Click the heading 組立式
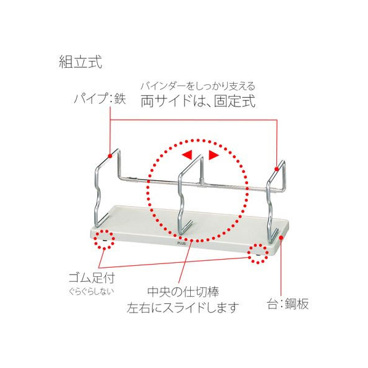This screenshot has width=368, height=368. [81, 62]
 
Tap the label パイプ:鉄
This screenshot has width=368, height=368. [100, 98]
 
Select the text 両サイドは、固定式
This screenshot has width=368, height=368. [198, 101]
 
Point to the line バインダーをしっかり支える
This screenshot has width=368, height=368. [198, 86]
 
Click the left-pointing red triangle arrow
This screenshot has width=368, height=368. [188, 154]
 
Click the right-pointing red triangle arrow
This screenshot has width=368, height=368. [214, 155]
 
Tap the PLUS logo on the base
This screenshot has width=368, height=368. [182, 243]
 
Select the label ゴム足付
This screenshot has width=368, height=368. [92, 278]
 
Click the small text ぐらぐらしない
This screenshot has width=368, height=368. [92, 292]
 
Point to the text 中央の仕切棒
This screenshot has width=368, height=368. [183, 292]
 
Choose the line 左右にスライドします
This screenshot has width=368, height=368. [183, 308]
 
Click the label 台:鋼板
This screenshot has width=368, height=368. [288, 304]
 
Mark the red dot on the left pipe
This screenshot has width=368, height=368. [110, 156]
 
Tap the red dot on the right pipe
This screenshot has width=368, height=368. [277, 169]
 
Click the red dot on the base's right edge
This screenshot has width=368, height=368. [281, 238]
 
